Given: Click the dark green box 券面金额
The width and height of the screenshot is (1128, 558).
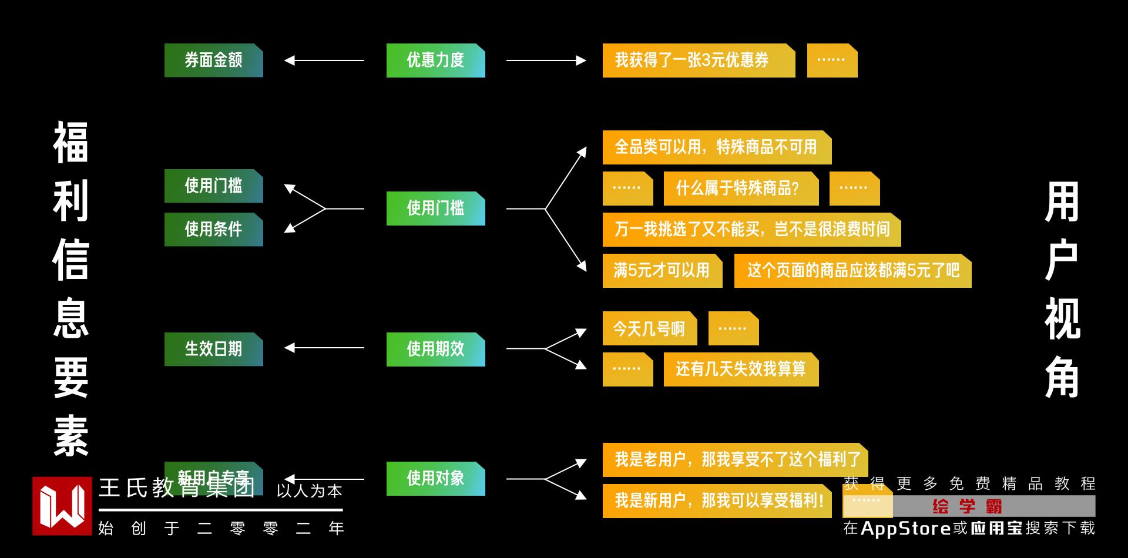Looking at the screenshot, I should point(213,60).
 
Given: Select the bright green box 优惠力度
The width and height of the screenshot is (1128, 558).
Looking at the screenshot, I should point(435,60).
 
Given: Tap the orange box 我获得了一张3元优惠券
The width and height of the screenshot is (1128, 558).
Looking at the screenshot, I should point(698,60).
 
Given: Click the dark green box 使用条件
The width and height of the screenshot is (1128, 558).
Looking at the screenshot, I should point(213,229).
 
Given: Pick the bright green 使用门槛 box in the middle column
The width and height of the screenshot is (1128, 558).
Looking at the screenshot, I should point(435,208).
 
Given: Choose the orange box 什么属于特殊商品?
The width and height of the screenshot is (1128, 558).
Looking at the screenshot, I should point(740,188).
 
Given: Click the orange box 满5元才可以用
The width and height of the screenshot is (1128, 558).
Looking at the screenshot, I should point(662,270).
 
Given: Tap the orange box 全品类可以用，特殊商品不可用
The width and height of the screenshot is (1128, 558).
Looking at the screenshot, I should point(717,147).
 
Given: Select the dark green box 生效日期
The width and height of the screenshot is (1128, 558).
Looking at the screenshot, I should point(213,349).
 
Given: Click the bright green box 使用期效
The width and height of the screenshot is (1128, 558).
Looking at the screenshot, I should point(435,349).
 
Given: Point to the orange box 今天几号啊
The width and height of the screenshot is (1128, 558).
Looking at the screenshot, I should point(649,328).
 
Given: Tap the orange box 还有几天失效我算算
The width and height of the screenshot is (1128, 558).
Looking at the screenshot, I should point(740,369).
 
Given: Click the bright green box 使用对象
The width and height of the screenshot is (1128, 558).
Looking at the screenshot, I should point(435,478).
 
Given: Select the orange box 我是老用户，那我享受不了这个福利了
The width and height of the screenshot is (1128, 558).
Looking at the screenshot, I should point(734,459).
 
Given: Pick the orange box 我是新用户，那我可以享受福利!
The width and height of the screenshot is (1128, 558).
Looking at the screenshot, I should point(717,500).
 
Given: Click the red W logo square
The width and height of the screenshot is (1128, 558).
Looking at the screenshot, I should point(62,506).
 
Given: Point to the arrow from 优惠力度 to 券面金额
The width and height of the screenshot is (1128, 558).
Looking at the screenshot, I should point(324,60).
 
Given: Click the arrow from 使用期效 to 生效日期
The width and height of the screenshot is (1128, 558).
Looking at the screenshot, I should point(324,348).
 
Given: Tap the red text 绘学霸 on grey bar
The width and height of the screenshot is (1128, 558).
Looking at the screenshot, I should point(967,506).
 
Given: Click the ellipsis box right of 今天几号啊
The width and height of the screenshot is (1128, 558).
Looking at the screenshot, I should point(733,328).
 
